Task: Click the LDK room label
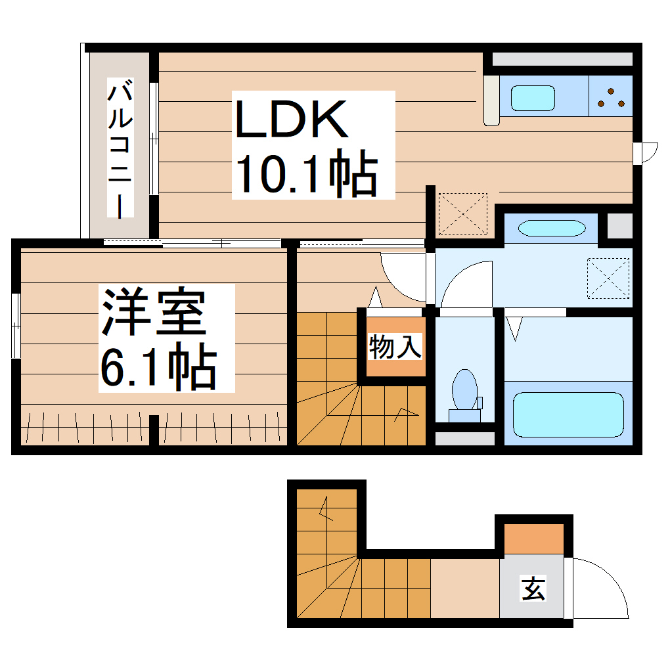tap(291, 119)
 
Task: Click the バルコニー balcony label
tap(121, 148)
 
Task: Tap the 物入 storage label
tap(395, 347)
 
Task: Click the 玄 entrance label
tap(533, 588)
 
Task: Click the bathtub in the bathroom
tap(568, 414)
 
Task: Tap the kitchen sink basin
tap(533, 98)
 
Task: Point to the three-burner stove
tap(611, 97)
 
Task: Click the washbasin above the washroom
tap(551, 228)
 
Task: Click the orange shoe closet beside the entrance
tap(533, 539)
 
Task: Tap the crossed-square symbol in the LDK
tap(462, 214)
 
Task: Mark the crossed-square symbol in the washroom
tap(608, 279)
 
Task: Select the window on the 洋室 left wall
tap(16, 326)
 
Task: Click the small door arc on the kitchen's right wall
tap(647, 152)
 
